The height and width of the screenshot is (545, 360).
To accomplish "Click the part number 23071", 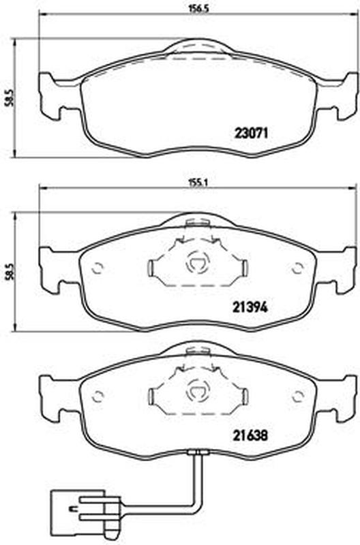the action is pos(251,133).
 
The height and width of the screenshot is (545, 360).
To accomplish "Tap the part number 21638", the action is pos(250,435).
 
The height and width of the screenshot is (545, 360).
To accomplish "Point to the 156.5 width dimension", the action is pos(198,10).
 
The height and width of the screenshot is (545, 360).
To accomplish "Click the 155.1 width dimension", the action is pos(198,183).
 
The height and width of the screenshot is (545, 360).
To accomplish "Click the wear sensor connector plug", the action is pos(85,510).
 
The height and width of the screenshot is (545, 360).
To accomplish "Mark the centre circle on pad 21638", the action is pos(198,393).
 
